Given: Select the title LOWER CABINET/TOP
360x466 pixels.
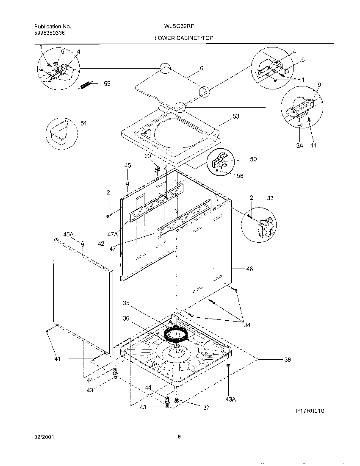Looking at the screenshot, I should [x=184, y=38].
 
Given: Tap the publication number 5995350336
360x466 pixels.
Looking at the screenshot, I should [x=50, y=33].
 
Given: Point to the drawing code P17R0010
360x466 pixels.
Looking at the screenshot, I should [x=310, y=411].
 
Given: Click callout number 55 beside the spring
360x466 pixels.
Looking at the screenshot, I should [x=107, y=84].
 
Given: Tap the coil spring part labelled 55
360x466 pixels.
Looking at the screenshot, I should [x=86, y=85].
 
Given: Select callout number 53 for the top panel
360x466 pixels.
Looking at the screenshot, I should [x=236, y=116].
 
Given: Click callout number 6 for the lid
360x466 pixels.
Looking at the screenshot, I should [x=202, y=68].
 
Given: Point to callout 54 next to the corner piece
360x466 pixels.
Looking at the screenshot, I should [x=83, y=123].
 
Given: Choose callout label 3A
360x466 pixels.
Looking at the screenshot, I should [x=300, y=146].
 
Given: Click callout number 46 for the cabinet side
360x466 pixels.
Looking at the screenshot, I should [x=249, y=269].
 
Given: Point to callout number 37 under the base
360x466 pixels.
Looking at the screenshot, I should [x=206, y=408].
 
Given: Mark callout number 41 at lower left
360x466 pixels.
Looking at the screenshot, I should [x=58, y=359].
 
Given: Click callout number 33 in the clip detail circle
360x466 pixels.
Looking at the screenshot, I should [x=270, y=198].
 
